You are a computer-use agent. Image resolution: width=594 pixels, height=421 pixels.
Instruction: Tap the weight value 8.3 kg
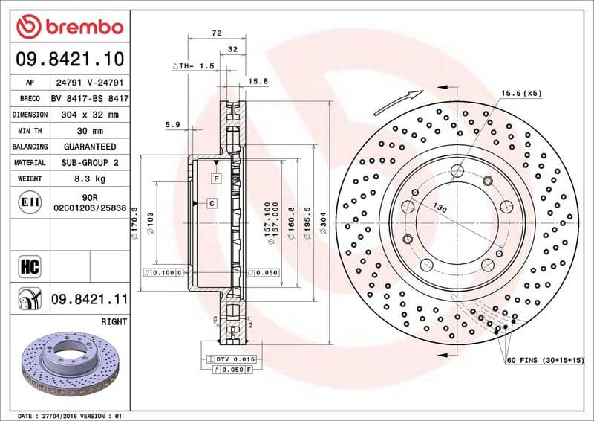89,179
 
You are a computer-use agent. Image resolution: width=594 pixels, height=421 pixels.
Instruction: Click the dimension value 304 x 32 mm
89,115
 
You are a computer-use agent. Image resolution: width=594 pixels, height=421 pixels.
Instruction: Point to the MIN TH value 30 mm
89,131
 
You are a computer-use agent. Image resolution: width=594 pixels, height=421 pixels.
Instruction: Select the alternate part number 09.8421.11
89,300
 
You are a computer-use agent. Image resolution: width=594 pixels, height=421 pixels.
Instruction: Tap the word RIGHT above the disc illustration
113,321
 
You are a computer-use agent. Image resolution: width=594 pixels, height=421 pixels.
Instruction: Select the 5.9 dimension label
172,124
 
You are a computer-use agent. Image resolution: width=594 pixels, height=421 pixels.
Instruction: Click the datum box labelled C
211,203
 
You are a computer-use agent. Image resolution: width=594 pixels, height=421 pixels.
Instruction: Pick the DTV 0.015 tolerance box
234,360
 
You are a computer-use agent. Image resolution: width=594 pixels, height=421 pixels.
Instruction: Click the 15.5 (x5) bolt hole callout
521,94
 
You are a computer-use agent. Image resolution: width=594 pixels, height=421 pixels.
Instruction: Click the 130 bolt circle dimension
440,210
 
